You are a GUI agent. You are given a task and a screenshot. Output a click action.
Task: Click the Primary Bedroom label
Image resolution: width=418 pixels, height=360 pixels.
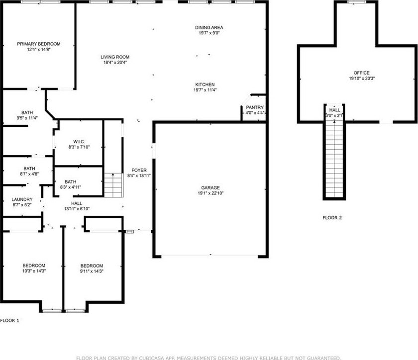(x=38, y=44)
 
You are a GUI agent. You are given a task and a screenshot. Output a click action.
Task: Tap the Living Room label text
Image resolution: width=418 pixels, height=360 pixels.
(x=115, y=57)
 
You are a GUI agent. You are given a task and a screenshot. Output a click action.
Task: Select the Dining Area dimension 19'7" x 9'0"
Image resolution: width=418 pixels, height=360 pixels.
(x=209, y=33)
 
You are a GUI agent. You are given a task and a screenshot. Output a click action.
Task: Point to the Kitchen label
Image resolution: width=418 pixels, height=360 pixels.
(x=205, y=85)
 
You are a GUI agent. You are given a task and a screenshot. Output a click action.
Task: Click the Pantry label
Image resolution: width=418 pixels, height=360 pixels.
(x=255, y=107)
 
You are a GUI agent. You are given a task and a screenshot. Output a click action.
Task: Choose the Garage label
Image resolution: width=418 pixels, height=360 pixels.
(x=210, y=187)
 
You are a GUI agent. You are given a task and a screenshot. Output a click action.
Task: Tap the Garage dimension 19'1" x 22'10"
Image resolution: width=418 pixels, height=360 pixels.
(x=210, y=193)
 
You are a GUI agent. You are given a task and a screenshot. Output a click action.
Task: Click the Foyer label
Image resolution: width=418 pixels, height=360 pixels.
(x=139, y=170)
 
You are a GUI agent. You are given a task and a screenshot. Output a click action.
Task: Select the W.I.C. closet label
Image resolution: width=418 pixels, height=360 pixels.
(x=79, y=142)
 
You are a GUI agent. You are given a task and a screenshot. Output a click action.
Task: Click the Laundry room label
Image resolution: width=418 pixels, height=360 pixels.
(x=22, y=199)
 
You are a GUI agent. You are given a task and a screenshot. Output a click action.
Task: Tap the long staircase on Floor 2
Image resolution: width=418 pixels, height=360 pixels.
(x=334, y=159)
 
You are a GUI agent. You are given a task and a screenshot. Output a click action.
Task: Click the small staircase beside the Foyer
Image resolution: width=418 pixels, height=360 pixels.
(x=113, y=185)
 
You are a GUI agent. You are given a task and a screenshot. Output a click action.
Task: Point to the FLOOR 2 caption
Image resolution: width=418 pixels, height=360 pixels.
(x=332, y=218)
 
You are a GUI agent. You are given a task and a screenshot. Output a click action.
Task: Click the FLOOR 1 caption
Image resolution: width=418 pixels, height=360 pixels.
(x=9, y=321)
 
